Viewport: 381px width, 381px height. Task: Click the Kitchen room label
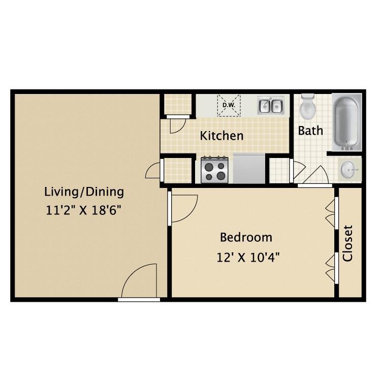221,136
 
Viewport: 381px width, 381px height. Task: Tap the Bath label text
310,131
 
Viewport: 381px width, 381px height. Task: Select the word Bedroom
246,237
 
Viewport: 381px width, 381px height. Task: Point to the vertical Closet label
348,243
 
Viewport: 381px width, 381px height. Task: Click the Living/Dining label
84,192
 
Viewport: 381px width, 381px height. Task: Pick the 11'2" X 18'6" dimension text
84,210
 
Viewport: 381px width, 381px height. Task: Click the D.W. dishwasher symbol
227,106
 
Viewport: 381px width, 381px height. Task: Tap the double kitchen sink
270,106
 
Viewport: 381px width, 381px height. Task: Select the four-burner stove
214,170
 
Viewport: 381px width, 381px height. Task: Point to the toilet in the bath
308,107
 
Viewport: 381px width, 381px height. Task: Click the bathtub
347,122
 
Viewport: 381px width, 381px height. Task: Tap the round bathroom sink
348,169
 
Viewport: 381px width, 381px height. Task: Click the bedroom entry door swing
182,209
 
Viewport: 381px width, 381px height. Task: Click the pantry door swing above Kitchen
178,124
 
